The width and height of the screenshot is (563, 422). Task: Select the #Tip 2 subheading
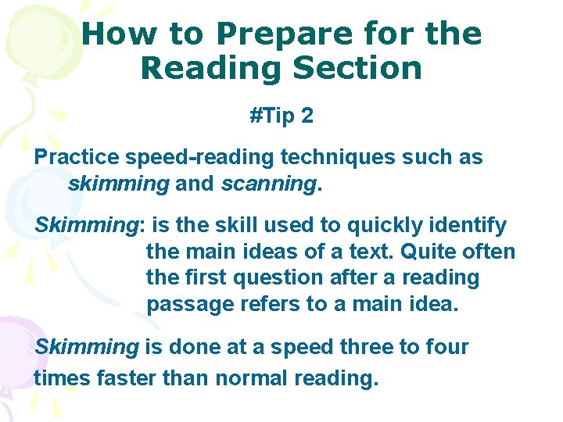tap(281, 116)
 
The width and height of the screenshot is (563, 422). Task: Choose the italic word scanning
tap(267, 184)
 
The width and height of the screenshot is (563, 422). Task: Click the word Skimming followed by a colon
tap(88, 226)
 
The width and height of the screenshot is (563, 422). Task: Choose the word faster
tap(129, 379)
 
